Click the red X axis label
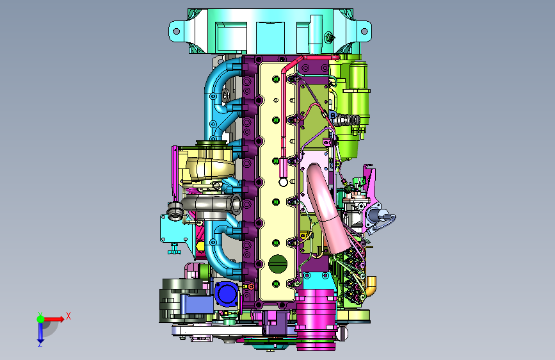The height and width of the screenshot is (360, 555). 68,316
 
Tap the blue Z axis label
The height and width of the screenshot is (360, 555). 40,344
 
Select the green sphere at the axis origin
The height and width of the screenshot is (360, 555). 41,319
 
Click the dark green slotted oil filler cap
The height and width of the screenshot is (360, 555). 277,264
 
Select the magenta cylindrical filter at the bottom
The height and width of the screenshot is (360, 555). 316,319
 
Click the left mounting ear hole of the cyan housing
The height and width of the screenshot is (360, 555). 176,31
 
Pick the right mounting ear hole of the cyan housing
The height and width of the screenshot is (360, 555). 364,31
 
